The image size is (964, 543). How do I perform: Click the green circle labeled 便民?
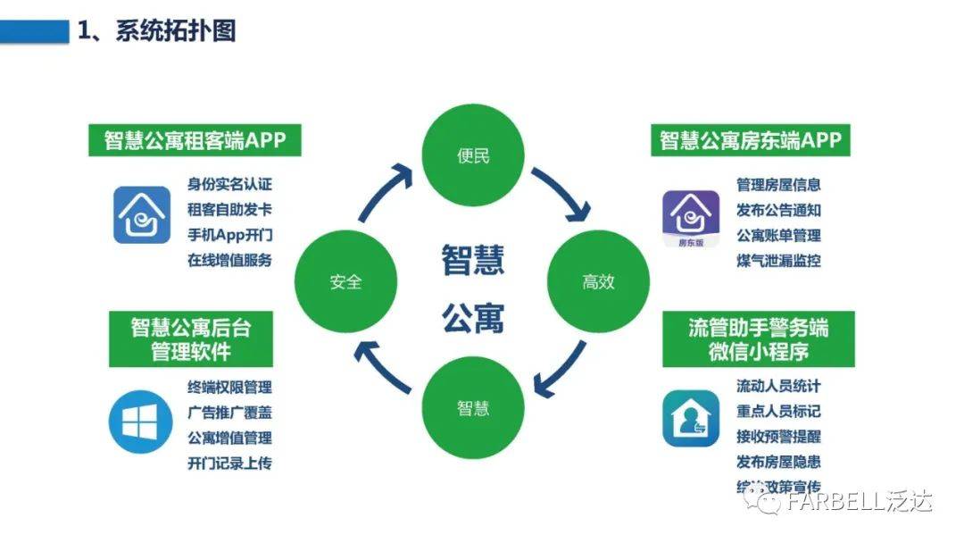coord(473,157)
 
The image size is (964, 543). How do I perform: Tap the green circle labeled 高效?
coord(598,282)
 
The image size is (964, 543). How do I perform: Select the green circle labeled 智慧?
coord(473,408)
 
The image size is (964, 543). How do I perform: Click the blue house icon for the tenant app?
coord(141,215)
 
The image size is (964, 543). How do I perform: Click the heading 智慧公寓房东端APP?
coord(751,141)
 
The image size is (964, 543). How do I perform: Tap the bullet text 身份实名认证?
coord(229,186)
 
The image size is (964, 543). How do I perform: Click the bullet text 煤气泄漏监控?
coord(778,261)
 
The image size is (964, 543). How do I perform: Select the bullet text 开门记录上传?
coord(229,464)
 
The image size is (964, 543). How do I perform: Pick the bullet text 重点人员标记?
coord(778,412)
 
